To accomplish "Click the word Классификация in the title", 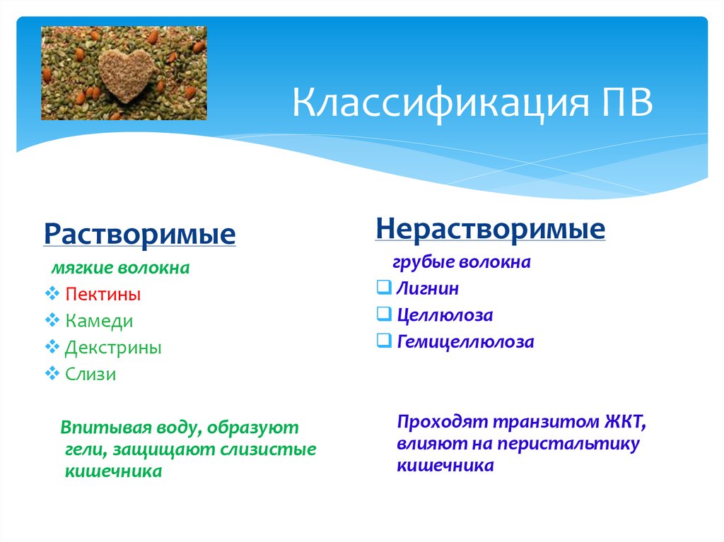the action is pyautogui.click(x=441, y=103).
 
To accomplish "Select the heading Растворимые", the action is pyautogui.click(x=139, y=234).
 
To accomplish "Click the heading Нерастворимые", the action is pyautogui.click(x=491, y=228).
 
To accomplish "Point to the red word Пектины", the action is pyautogui.click(x=103, y=294).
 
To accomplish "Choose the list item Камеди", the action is pyautogui.click(x=99, y=321).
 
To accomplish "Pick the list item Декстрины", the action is pyautogui.click(x=113, y=348).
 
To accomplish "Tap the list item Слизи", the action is pyautogui.click(x=90, y=374).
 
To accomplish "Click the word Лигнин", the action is pyautogui.click(x=428, y=288).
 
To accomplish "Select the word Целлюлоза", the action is pyautogui.click(x=445, y=315).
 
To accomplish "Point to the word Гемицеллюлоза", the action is pyautogui.click(x=465, y=341).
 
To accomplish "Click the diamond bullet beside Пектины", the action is pyautogui.click(x=52, y=293).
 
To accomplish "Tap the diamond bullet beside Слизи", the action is pyautogui.click(x=52, y=372).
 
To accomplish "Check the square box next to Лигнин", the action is pyautogui.click(x=384, y=287).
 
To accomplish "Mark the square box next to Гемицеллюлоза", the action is pyautogui.click(x=384, y=341).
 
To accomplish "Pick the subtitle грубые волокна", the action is pyautogui.click(x=461, y=262).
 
